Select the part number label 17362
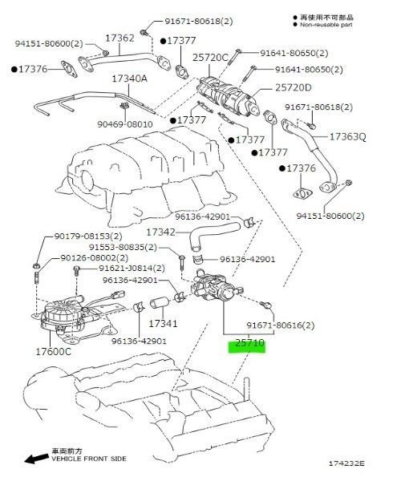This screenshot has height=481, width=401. coord(119,38)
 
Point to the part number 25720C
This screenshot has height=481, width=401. coord(210,58)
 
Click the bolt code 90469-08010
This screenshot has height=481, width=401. coord(125,124)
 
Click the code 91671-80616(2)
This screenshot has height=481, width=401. coord(280,325)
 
